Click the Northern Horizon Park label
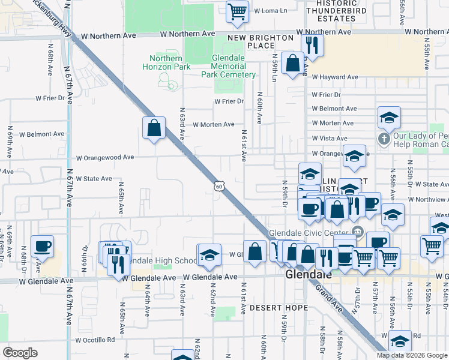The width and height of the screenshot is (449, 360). (x=169, y=62)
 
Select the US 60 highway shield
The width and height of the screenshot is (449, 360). (x=218, y=187)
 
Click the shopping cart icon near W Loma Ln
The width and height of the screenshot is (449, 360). (x=238, y=11)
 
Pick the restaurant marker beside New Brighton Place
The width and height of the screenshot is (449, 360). (x=312, y=44)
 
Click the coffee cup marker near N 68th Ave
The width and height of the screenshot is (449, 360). (x=42, y=246)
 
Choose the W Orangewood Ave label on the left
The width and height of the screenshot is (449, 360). (x=105, y=158)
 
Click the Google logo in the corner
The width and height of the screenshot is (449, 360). (x=20, y=353)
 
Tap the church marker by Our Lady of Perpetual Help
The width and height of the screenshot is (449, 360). (x=384, y=139)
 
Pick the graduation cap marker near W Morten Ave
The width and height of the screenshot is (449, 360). (x=389, y=117)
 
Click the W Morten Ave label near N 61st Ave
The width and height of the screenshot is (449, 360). (x=213, y=124)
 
